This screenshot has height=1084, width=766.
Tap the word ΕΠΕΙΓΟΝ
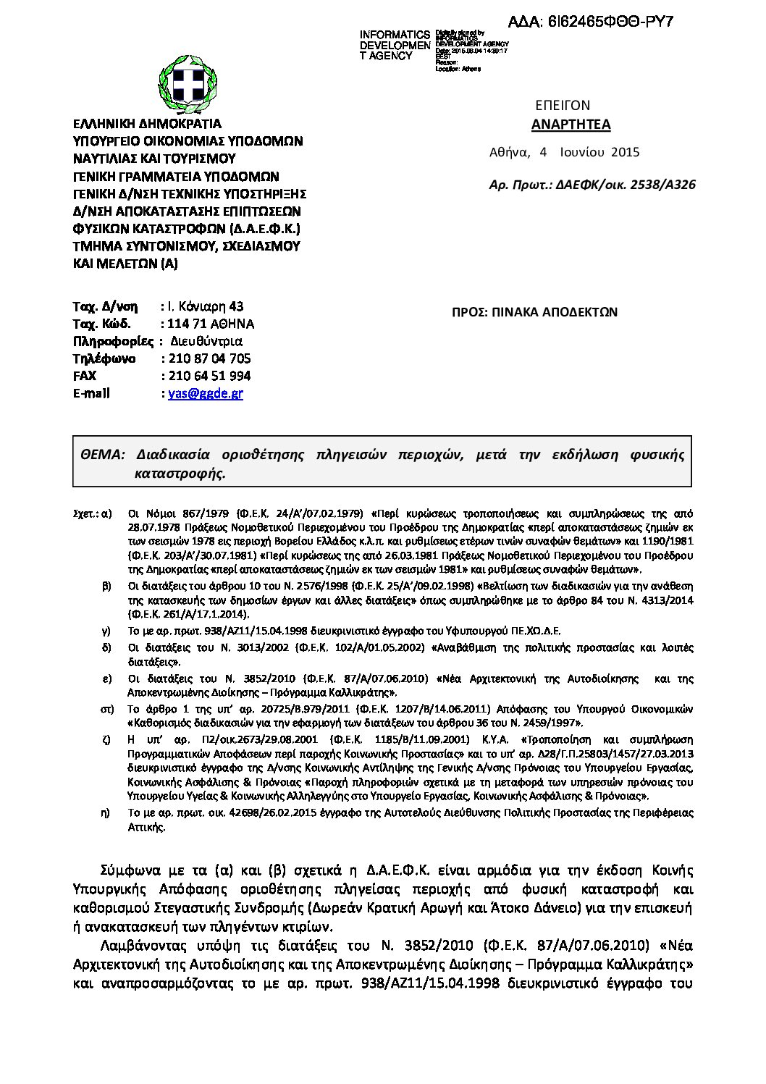pos(563,105)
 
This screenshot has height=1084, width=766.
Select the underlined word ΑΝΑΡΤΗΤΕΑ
pos(571,125)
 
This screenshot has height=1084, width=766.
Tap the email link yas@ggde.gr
pos(206,393)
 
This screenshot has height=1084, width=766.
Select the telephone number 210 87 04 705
pos(210,358)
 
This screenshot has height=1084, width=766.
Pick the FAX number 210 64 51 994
pos(210,376)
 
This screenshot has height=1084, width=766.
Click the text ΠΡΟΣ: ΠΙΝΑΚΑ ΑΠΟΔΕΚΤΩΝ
pos(534,312)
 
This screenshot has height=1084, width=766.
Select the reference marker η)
pos(106,812)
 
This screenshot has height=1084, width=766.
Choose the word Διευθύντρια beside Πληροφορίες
pos(206,341)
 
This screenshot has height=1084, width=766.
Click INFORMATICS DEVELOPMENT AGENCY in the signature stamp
pos(395,45)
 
